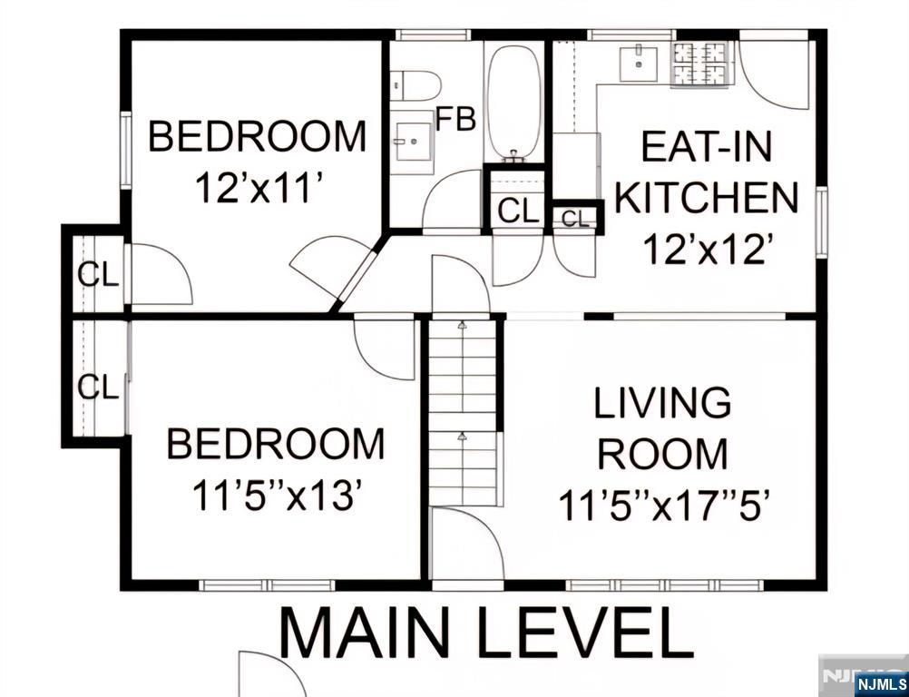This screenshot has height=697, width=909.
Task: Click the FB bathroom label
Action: tap(455, 118)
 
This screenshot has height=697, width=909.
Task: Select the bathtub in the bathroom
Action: tap(513, 103)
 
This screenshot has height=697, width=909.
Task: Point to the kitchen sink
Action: tap(639, 64)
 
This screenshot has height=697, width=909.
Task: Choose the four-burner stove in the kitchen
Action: tap(701, 64)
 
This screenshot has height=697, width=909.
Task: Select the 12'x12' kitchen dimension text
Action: tap(706, 250)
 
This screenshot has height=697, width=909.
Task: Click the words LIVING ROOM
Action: tap(662, 428)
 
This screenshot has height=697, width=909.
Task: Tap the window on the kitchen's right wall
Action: tap(822, 221)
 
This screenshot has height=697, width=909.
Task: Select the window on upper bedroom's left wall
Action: tap(125, 149)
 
